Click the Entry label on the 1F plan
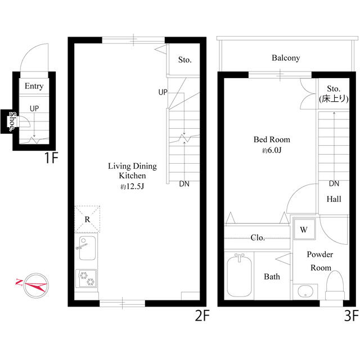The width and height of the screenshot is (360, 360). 34,86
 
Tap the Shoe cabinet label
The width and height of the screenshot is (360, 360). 12,121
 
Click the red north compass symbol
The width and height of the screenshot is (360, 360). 35,285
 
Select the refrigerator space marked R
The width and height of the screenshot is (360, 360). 87,219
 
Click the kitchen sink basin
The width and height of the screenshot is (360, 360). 87,248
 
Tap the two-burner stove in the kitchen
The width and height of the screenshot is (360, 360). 86,278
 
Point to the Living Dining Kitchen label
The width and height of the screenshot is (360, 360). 133,170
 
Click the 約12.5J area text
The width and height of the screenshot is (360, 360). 132,186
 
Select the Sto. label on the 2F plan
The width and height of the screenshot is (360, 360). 185,60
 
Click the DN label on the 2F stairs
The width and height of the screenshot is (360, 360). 184,184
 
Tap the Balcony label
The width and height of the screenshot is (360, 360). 286,58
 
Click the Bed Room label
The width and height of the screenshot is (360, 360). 272,139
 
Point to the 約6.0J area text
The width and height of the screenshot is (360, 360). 272,150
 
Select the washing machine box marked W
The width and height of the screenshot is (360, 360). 304,229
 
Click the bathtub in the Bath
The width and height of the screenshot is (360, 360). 239,276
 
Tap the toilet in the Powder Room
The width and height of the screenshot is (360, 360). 335,285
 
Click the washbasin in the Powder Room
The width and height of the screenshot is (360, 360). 305,292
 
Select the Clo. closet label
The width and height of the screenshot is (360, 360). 258,237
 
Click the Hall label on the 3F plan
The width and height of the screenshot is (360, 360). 334,199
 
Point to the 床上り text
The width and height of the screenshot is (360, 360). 334,99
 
